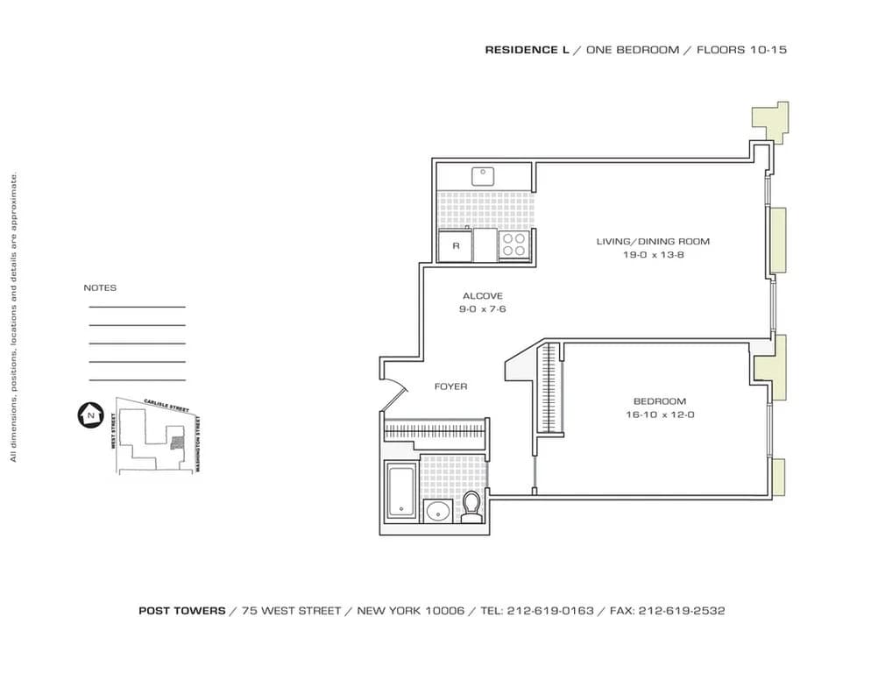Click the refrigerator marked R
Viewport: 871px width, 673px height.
456,245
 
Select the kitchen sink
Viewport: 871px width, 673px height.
484,176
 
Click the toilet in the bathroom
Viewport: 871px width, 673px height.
471,507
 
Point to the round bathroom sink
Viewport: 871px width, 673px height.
435,511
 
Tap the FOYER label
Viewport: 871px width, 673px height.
450,386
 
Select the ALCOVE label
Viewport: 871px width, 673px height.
482,296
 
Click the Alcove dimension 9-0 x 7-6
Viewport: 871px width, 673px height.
482,309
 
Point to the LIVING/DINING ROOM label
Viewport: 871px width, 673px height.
653,241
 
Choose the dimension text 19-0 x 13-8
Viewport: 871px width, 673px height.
653,254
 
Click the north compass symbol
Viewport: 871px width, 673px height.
89,414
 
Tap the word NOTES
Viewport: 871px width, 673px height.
100,287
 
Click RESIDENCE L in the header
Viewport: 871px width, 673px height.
527,50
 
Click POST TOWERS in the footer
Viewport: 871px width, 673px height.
181,611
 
